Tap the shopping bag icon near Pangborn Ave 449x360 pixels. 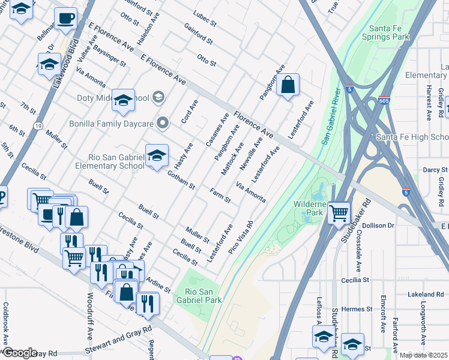click(x=288, y=85)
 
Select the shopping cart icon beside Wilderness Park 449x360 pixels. click(x=339, y=212)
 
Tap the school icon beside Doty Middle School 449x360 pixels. click(x=123, y=100)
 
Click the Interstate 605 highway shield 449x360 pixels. click(x=385, y=101)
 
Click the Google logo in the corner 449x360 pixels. click(x=19, y=353)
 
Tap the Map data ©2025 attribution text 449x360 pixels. click(x=423, y=355)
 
